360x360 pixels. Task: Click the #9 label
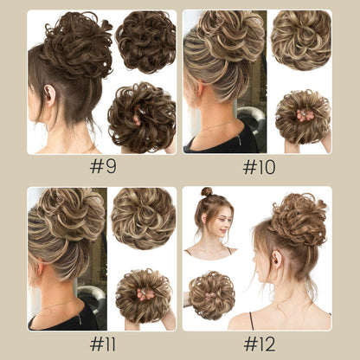tap(103, 166)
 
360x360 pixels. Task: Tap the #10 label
tap(259, 167)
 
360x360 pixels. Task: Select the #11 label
tap(103, 344)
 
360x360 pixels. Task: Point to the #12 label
tap(260, 344)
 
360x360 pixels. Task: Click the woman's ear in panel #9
tap(50, 95)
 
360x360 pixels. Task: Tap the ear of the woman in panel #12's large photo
tap(276, 259)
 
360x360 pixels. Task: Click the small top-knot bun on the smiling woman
tap(207, 191)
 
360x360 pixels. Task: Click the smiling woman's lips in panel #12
tap(222, 231)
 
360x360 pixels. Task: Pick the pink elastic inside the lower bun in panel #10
tap(305, 116)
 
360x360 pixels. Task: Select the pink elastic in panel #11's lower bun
tap(145, 294)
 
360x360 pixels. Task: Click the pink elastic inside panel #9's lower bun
tap(137, 119)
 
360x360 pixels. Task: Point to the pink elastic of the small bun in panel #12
tap(210, 295)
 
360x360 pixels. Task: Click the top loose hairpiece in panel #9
tap(145, 42)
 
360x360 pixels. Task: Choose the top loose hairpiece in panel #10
tap(301, 41)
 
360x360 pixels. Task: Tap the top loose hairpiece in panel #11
tap(144, 218)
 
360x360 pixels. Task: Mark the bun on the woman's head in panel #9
tap(76, 45)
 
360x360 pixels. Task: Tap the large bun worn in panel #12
tap(299, 219)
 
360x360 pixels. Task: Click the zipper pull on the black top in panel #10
tap(240, 140)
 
